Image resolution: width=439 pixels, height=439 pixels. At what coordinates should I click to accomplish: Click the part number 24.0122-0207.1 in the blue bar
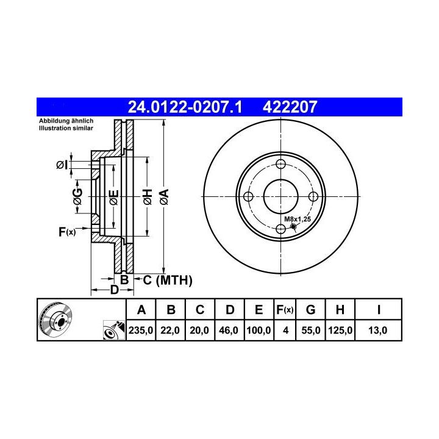185,107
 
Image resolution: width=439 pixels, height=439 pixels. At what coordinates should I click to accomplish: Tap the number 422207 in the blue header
290,107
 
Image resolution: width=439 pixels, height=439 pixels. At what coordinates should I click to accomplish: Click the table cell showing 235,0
141,330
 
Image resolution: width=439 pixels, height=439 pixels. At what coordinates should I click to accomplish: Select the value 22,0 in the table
170,330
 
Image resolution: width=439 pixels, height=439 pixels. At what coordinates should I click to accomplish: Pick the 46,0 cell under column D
229,330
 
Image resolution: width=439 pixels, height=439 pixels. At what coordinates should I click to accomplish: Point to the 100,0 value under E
259,330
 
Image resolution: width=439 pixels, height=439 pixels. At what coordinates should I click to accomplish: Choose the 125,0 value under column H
340,330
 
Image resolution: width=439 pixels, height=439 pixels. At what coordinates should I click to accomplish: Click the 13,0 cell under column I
378,330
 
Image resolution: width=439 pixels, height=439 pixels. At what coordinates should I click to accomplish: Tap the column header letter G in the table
311,310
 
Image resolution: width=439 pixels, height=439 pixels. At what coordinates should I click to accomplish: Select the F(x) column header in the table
285,310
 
